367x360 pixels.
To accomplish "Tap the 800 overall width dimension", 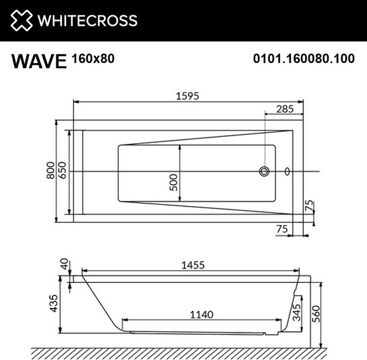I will [51, 175].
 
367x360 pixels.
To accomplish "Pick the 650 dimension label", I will [63, 175].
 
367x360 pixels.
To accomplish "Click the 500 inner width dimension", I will [174, 182].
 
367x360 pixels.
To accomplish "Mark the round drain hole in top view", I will [265, 172].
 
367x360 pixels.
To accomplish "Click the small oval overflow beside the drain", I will [289, 172].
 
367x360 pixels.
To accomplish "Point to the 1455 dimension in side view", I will [191, 265].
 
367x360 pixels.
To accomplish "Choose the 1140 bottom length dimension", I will [201, 315].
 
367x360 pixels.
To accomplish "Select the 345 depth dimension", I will [297, 314].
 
